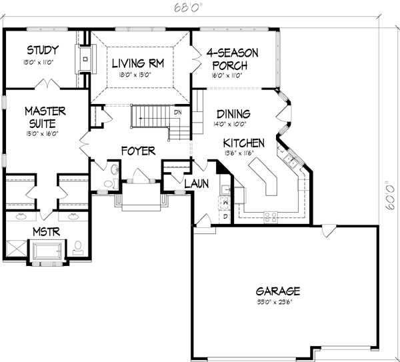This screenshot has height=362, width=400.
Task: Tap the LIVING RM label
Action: [x=138, y=63]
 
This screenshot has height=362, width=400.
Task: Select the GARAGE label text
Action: [x=278, y=291]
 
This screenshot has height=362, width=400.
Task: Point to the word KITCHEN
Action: [x=244, y=143]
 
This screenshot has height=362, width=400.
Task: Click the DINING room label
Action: [x=233, y=113]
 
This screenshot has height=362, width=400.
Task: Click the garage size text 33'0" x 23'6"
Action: [x=278, y=302]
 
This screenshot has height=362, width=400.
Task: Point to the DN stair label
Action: [x=178, y=112]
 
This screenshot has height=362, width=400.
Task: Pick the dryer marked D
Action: [x=225, y=217]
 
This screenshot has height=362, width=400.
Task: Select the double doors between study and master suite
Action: [x=45, y=85]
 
